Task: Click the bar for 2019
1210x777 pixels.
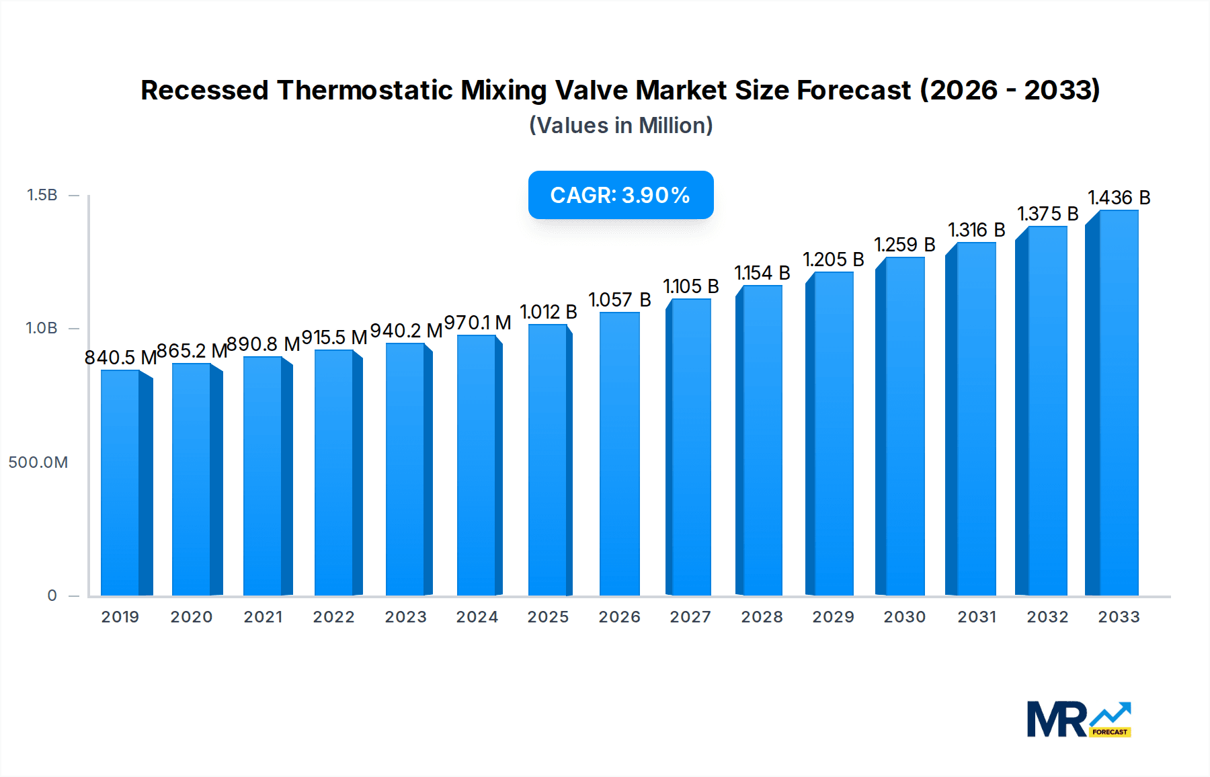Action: pos(121,483)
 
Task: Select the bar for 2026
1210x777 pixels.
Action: pos(619,454)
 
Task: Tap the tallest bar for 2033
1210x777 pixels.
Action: pos(1117,403)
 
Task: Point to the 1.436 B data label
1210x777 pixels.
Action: pos(1119,198)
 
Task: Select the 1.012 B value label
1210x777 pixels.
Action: pos(549,312)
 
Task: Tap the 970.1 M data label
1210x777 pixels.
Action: pos(478,323)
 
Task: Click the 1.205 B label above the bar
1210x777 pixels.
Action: pos(833,259)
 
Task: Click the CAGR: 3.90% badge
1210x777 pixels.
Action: pos(620,195)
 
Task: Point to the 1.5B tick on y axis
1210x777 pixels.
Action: pos(42,195)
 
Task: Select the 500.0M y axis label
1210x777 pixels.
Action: pos(38,462)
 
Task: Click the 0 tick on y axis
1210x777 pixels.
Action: pos(52,596)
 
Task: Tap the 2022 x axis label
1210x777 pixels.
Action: pos(333,617)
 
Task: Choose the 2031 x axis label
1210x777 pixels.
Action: pos(977,617)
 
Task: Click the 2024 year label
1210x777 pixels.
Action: pos(477,617)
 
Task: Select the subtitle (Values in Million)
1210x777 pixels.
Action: pos(620,126)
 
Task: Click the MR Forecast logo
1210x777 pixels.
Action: pos(1078,719)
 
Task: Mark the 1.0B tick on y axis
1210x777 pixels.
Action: pos(42,328)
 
